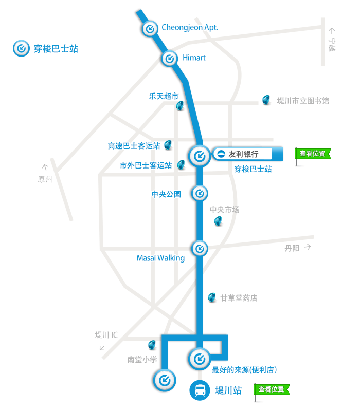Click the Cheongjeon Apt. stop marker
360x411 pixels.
(x=150, y=29)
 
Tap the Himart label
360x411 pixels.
(x=194, y=58)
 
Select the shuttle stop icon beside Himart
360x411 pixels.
(x=170, y=59)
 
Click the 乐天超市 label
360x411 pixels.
(x=164, y=96)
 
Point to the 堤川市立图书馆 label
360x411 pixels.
(x=303, y=101)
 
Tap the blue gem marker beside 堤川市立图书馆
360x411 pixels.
(x=266, y=100)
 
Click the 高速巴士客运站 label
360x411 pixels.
(x=134, y=146)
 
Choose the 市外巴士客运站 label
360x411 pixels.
(x=146, y=165)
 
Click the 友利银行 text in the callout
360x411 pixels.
(x=243, y=154)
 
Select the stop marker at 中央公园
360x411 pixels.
(x=200, y=194)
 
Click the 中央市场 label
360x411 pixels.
(x=224, y=210)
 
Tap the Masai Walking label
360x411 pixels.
(x=160, y=258)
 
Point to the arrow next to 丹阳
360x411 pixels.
(x=308, y=247)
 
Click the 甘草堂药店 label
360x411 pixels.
(x=239, y=298)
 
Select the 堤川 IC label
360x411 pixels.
(x=106, y=335)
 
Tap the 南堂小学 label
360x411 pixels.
(x=142, y=360)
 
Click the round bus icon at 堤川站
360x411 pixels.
(x=200, y=390)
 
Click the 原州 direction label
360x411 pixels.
(x=45, y=180)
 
